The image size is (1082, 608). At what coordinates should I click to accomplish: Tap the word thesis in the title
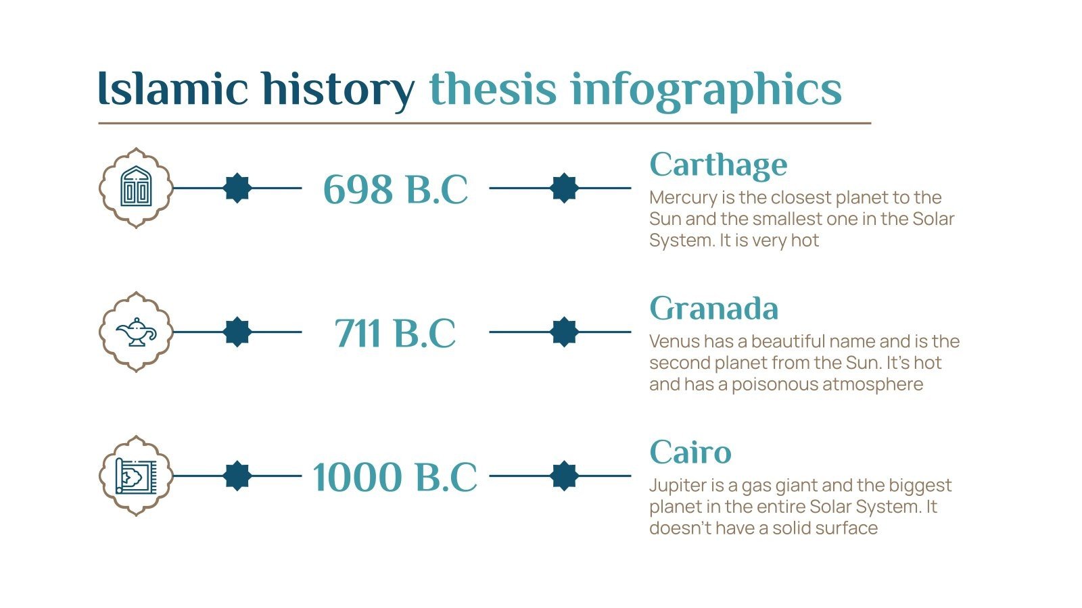(492, 88)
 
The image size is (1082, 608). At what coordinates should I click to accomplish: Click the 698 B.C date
(395, 189)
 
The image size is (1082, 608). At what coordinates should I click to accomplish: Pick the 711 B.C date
(395, 333)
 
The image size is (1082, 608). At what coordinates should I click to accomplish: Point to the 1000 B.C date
(395, 477)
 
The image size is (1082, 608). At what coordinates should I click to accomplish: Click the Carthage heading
(718, 165)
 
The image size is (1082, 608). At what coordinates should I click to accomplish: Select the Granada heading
(713, 309)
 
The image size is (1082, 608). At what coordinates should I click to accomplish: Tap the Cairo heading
(690, 453)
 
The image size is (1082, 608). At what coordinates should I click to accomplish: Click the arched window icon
(136, 187)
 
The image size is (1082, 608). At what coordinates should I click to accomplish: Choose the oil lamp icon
(136, 332)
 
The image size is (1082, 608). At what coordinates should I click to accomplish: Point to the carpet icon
(136, 476)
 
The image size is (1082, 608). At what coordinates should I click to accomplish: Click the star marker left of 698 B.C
(237, 188)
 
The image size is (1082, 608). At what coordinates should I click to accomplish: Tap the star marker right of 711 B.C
(564, 332)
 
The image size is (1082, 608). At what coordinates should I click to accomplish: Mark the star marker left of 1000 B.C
(237, 476)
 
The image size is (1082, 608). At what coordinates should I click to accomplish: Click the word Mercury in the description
(683, 198)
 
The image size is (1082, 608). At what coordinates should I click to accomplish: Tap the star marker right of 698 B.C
(564, 188)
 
